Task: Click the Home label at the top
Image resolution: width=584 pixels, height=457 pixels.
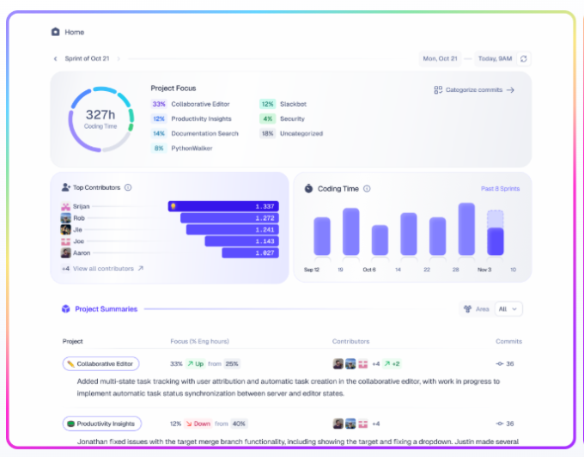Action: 75,32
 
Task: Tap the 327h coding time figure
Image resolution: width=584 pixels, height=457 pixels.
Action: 100,114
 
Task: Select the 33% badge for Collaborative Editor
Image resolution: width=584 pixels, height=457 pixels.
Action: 159,104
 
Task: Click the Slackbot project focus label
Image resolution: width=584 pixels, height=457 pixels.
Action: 293,104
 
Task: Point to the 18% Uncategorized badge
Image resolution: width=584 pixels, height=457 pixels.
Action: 267,133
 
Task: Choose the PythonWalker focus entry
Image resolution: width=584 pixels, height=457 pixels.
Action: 192,148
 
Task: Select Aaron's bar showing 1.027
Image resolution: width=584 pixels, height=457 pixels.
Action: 250,253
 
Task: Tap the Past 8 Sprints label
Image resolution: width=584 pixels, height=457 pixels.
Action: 499,188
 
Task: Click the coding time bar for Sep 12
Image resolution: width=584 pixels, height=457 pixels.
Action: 322,235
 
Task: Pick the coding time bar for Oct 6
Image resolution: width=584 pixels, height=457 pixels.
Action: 380,240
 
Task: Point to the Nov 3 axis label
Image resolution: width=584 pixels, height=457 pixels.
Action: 484,270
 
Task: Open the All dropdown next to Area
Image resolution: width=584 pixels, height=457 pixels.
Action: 509,309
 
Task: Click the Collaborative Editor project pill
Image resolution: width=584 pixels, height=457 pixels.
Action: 101,363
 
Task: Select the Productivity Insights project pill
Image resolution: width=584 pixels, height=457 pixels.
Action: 101,423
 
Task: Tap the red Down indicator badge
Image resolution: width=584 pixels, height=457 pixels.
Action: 198,423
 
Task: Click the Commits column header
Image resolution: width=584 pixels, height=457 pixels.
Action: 508,341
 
